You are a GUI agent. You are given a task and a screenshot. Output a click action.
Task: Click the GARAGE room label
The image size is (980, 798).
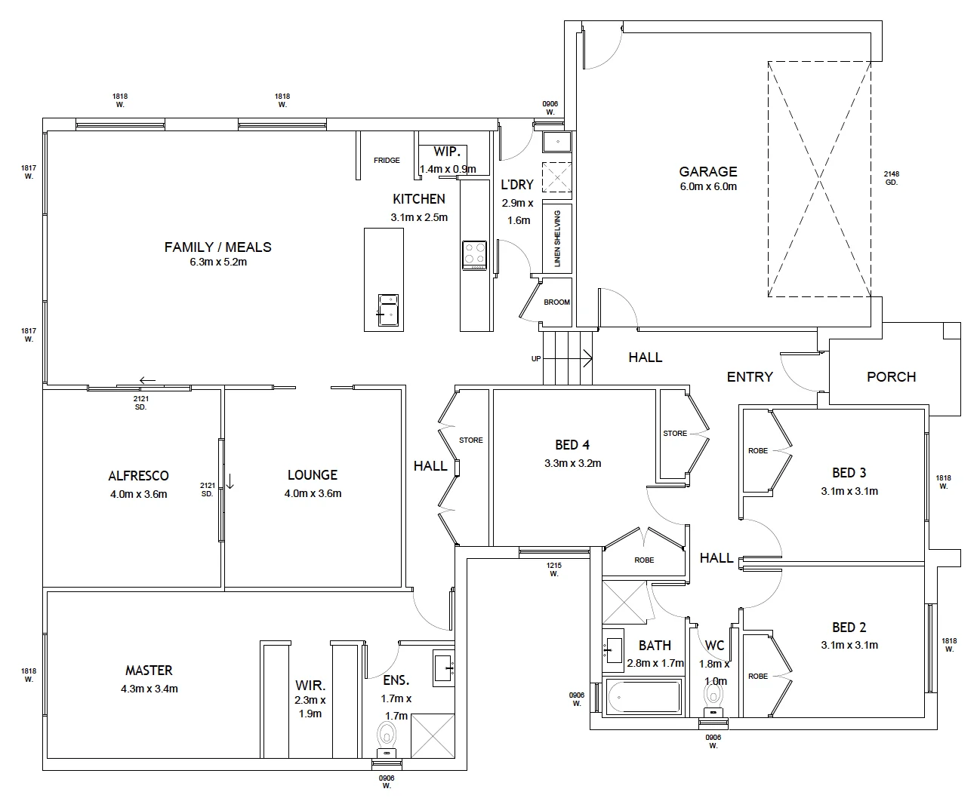point(707,171)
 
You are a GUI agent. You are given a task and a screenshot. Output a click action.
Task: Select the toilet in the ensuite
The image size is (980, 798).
point(387,735)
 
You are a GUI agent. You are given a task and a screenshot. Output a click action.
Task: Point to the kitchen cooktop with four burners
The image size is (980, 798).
point(474,254)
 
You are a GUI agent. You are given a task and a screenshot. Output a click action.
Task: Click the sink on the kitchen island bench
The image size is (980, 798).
point(388,309)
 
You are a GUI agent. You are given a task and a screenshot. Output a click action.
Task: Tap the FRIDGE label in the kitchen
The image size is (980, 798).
point(387,161)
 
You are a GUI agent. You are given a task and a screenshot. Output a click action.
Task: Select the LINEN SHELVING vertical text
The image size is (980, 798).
point(557,239)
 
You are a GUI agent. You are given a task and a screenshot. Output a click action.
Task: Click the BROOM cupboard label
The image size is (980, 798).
point(557,302)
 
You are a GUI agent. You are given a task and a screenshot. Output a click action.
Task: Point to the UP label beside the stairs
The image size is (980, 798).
point(536,359)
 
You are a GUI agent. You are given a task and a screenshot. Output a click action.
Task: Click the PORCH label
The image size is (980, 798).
point(891,376)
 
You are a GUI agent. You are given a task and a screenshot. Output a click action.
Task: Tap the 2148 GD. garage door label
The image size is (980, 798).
point(892,178)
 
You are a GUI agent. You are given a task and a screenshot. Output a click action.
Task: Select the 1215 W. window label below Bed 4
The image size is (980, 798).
point(553,569)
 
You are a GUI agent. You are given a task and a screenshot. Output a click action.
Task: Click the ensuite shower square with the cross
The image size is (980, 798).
point(433,735)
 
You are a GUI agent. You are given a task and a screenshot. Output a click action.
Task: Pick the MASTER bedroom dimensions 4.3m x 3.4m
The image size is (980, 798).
point(149,689)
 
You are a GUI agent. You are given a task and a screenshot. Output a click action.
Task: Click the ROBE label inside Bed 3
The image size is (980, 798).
point(758,451)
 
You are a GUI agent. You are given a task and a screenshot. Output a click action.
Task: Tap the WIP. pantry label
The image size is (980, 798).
point(447,152)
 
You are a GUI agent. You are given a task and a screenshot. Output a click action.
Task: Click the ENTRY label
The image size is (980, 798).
point(750,377)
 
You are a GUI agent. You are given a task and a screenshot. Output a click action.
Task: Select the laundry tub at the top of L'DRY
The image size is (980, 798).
point(557,141)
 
